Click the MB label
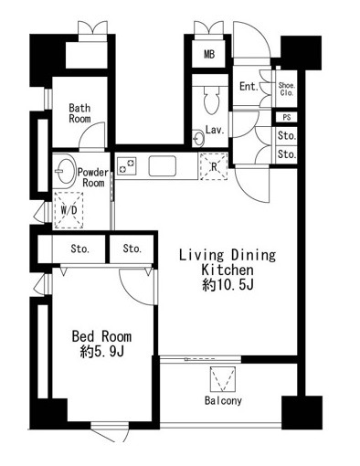[x=209, y=54]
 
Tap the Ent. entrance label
[x=249, y=86]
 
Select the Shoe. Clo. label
[x=287, y=89]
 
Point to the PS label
[x=287, y=117]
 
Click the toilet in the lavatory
[x=211, y=99]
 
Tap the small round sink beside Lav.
[x=198, y=139]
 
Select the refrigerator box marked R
[x=214, y=166]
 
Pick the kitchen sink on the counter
[x=163, y=166]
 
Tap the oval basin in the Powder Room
[x=65, y=171]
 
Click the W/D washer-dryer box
[x=69, y=210]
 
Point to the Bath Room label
[x=79, y=113]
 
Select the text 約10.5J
[x=228, y=285]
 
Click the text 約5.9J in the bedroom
[x=102, y=352]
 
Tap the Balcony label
[x=223, y=400]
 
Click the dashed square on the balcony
[x=223, y=379]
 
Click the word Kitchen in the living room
[x=228, y=270]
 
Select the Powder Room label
[x=93, y=177]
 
